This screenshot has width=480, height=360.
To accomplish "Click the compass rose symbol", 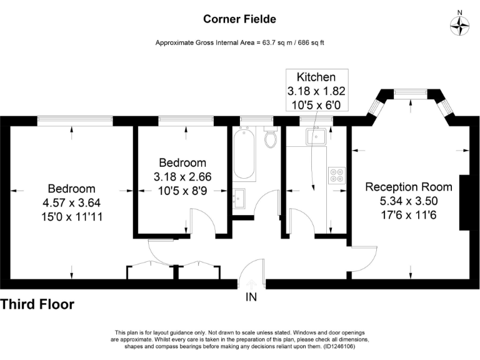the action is [459, 26].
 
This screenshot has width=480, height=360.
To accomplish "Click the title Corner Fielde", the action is [240, 19].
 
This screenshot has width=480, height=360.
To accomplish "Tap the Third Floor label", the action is [37, 304].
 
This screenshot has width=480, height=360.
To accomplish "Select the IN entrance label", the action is [251, 297].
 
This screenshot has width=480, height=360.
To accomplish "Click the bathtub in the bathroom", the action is [244, 154].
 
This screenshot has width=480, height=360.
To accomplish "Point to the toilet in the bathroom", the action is [271, 137].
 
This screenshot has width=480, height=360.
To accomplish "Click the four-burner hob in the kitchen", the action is [337, 176].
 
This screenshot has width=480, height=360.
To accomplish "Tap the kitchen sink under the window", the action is [316, 136].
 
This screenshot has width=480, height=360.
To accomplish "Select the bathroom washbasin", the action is [239, 199].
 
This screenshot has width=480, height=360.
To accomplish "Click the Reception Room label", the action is [409, 187].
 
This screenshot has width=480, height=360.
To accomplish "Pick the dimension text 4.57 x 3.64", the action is [72, 202].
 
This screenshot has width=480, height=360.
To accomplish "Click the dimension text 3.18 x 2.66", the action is [182, 177].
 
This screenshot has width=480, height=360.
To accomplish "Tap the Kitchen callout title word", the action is [316, 77].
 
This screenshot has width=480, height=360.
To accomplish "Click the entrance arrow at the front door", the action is [251, 284].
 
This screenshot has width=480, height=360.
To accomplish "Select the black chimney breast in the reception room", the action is [464, 202].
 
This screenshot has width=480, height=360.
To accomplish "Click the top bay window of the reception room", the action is [411, 92].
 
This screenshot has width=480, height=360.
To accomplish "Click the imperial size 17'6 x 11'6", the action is [409, 215].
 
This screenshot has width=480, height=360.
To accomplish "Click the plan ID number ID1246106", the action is [339, 347].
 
